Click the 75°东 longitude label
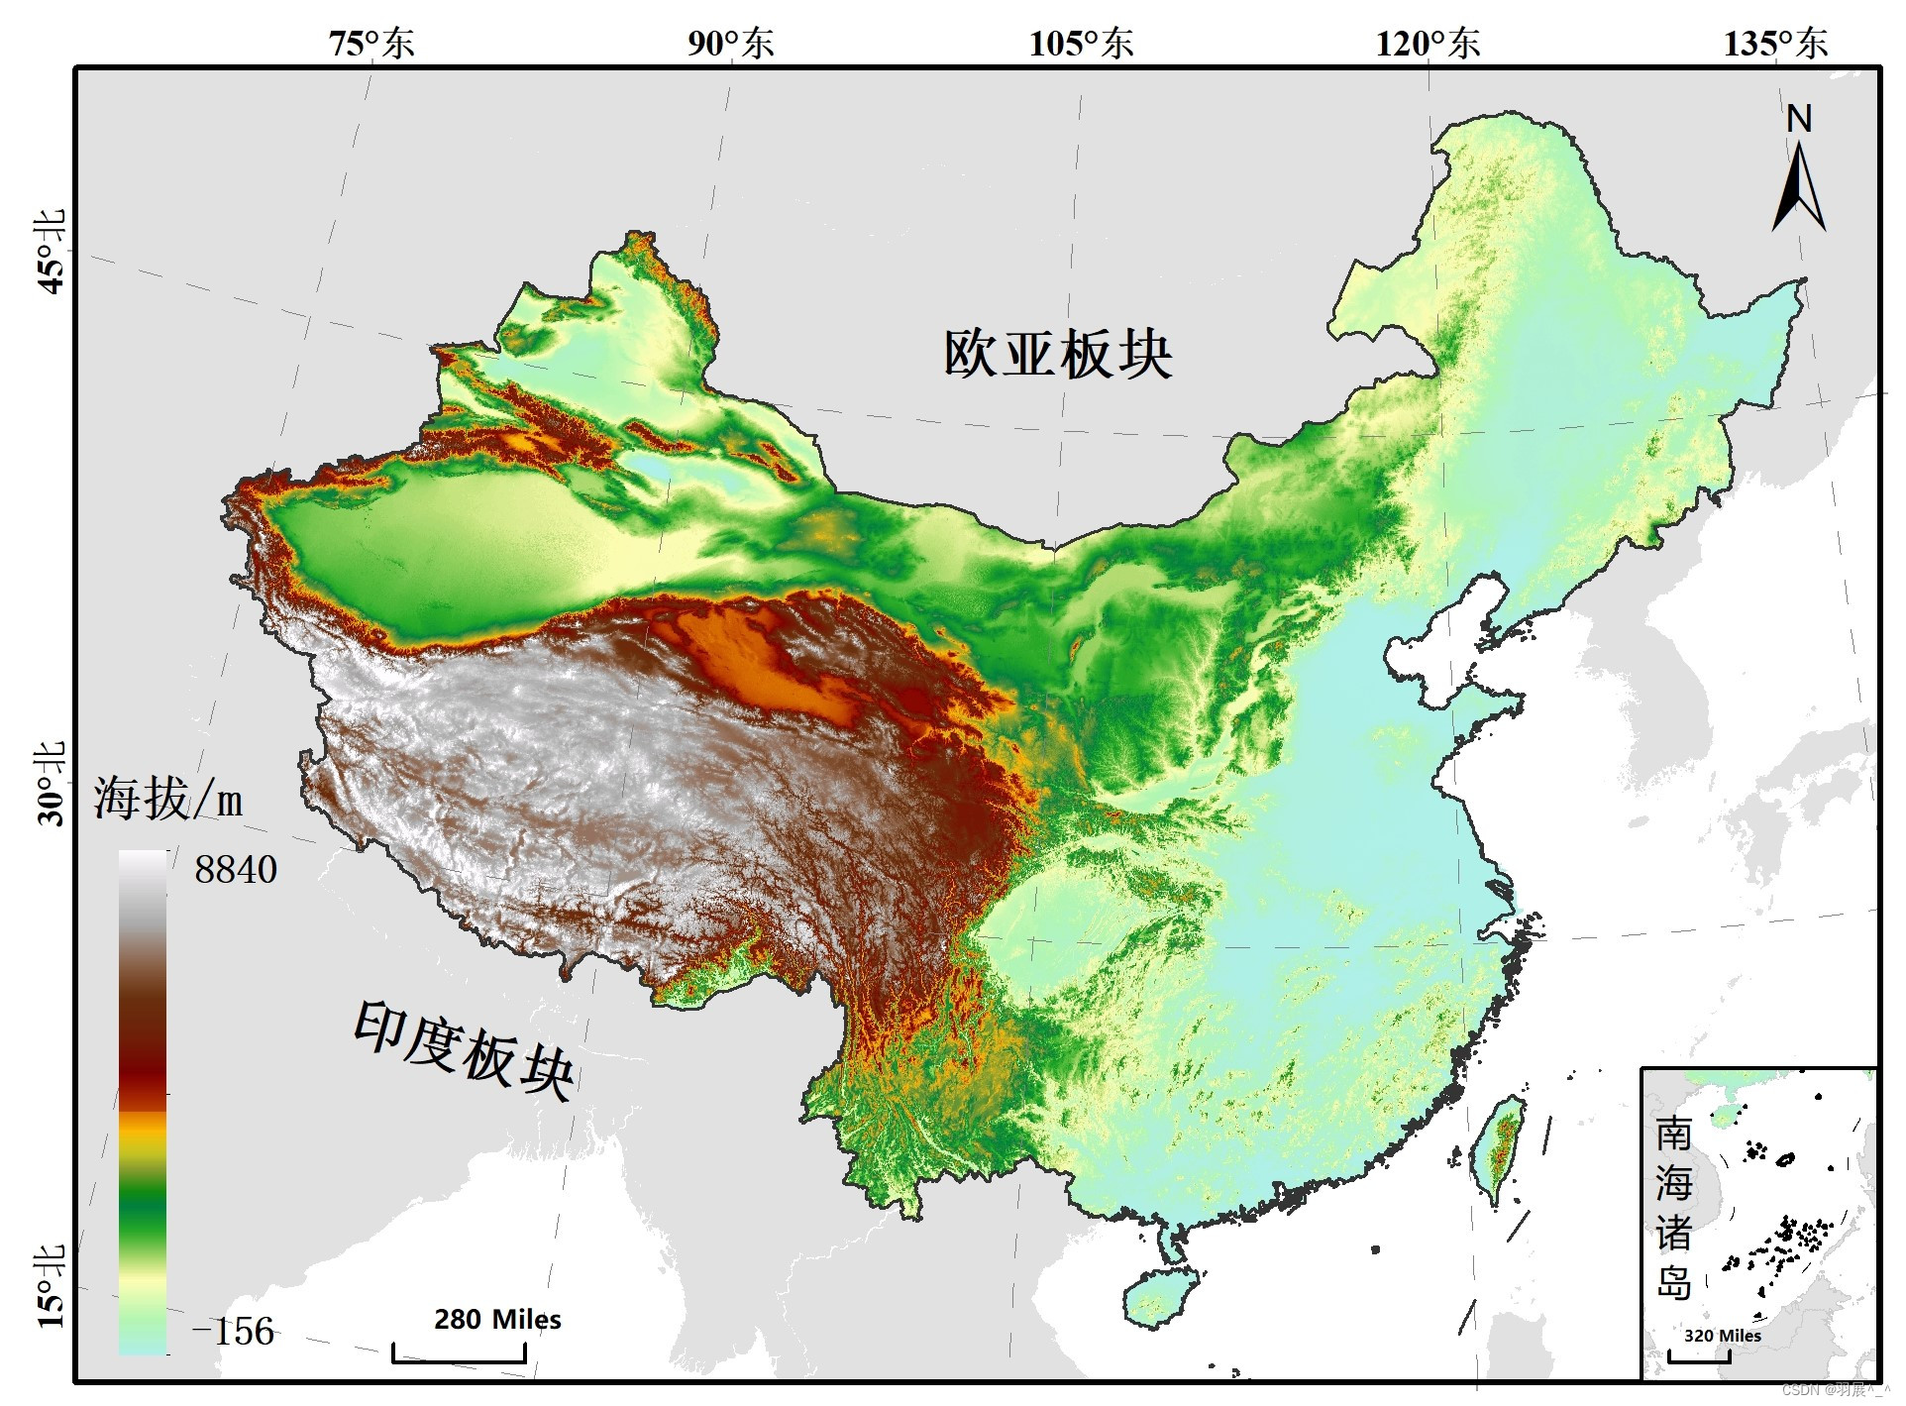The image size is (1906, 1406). click(371, 43)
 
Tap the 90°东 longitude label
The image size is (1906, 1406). click(731, 43)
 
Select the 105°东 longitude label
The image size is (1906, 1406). click(1081, 43)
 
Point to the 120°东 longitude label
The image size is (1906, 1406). click(1428, 43)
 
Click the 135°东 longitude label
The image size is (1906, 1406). click(1775, 43)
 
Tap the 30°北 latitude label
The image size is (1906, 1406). click(51, 784)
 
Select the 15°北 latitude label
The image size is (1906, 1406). click(51, 1287)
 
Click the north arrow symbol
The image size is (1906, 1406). click(1798, 183)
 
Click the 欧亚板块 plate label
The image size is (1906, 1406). click(1058, 354)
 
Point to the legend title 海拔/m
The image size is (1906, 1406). click(168, 799)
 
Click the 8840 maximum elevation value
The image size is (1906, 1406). click(236, 870)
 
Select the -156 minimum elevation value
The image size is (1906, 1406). click(234, 1332)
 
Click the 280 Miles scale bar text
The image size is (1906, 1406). click(497, 1320)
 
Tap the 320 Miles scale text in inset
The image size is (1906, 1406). click(1722, 1336)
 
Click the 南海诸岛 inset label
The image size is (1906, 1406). click(1673, 1209)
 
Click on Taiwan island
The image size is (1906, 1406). click(1501, 1149)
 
